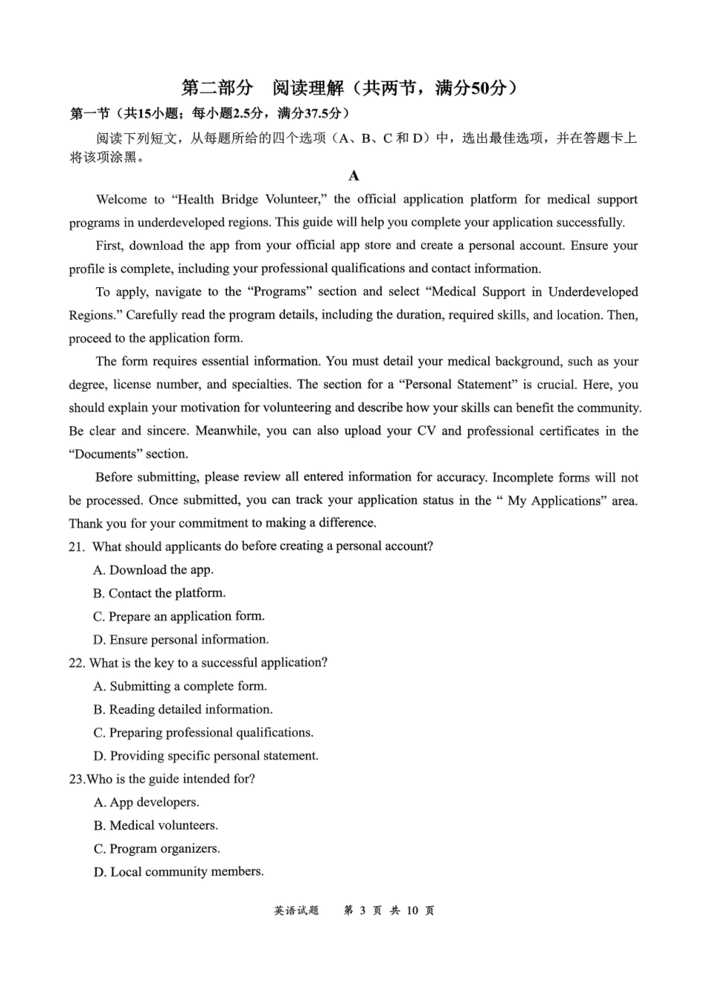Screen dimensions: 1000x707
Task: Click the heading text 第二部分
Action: [217, 89]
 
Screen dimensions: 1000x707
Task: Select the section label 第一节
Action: [90, 114]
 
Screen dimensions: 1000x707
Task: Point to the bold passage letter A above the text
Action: [353, 176]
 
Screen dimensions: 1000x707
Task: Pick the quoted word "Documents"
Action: [106, 454]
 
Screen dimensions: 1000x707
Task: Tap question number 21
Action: [77, 547]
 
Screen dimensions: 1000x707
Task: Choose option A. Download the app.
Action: [153, 570]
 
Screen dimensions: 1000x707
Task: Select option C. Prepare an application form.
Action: [179, 616]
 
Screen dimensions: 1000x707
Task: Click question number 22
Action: [77, 663]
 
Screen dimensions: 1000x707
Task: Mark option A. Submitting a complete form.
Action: [180, 686]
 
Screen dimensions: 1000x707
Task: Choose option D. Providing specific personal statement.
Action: [206, 756]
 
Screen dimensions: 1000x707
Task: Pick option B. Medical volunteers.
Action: [156, 825]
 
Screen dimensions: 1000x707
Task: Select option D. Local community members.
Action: [179, 872]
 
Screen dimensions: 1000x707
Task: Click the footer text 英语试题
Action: [296, 911]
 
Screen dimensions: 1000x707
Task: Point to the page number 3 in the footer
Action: [362, 911]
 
